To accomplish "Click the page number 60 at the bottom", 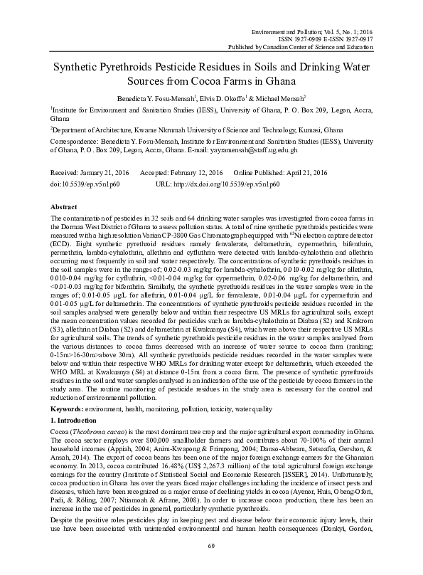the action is (x=211, y=565).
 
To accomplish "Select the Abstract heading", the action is (x=65, y=206).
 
